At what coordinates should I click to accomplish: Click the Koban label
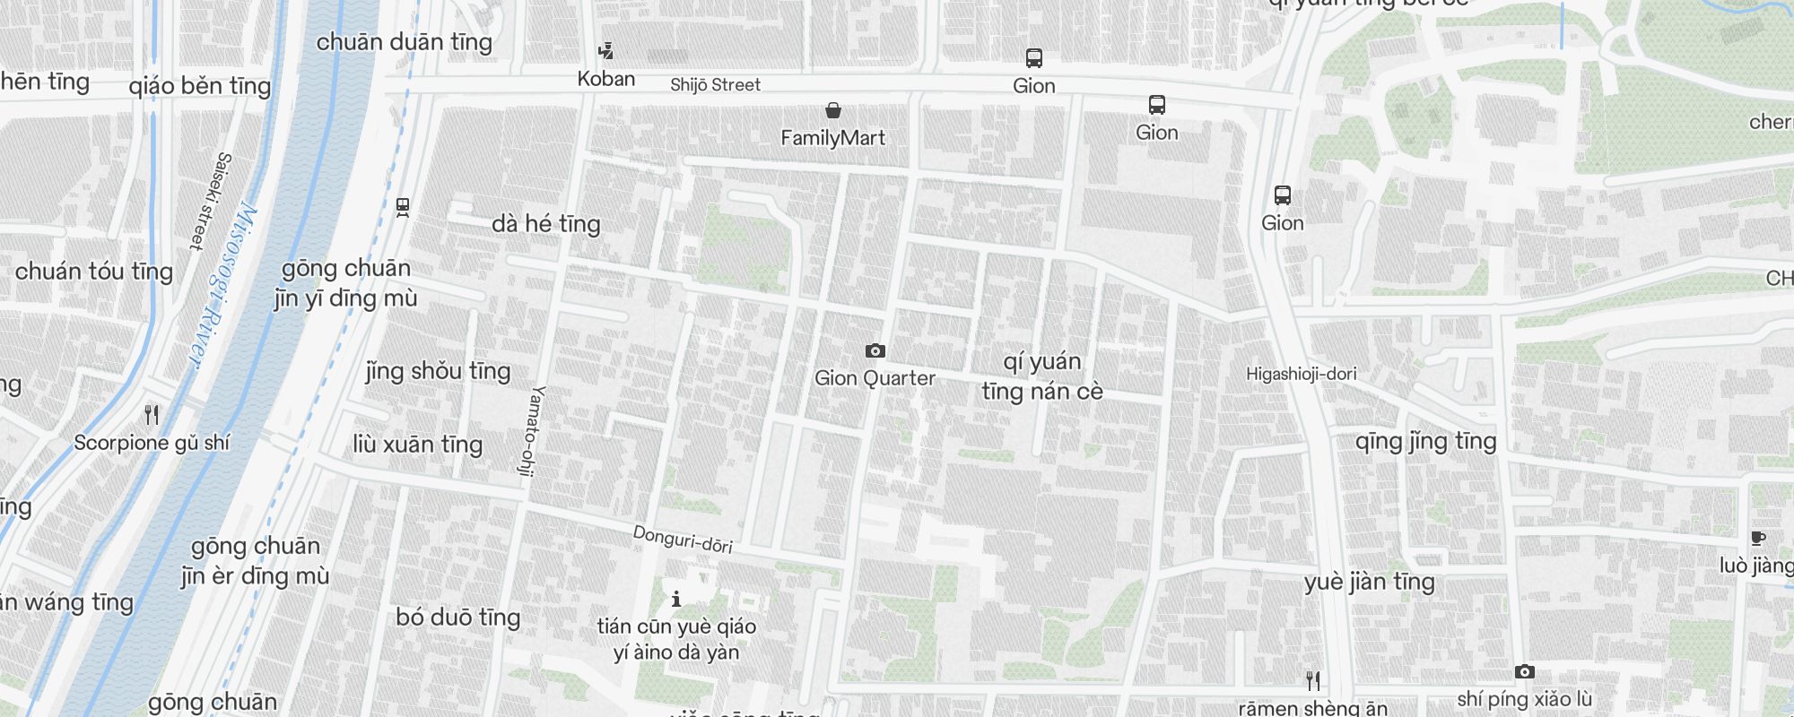(x=606, y=79)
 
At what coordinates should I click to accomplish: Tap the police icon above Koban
(x=606, y=51)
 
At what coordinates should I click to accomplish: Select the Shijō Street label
(x=715, y=85)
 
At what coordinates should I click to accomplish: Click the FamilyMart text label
(x=832, y=138)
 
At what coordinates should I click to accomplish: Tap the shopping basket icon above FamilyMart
(x=833, y=110)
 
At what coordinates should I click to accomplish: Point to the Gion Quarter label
(x=875, y=378)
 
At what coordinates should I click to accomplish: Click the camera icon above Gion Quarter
(x=875, y=350)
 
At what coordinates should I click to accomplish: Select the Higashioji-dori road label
(x=1301, y=374)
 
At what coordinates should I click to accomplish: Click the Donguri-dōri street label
(x=683, y=539)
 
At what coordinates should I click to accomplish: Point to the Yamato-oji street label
(x=533, y=430)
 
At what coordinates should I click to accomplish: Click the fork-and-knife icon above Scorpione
(x=152, y=415)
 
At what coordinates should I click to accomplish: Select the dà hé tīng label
(x=545, y=224)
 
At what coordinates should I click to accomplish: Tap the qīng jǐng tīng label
(x=1425, y=442)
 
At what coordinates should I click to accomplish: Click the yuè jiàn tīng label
(x=1369, y=583)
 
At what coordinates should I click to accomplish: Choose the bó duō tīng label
(x=457, y=618)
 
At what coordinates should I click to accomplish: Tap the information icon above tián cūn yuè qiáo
(x=676, y=599)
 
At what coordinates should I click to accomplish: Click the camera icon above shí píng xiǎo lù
(x=1524, y=672)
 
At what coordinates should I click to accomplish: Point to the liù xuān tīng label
(x=417, y=445)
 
